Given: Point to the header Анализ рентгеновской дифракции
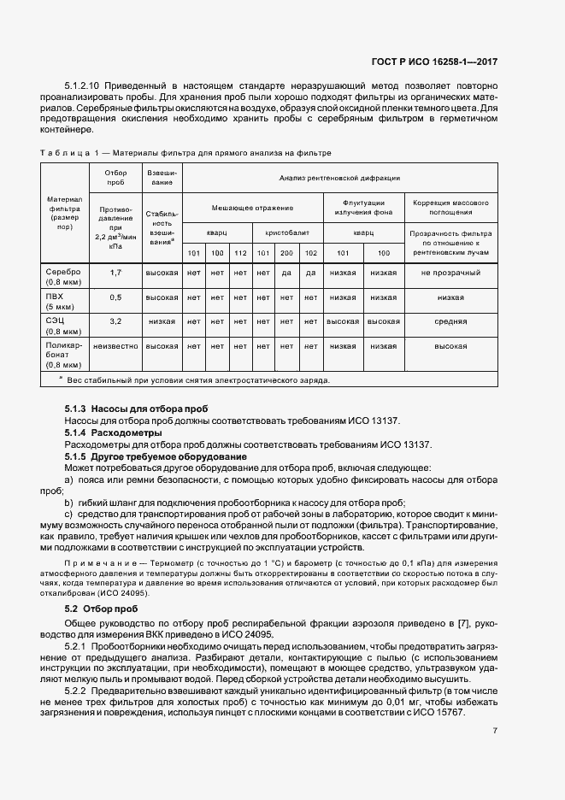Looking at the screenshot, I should [x=339, y=178].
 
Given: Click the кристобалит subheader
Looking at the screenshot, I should [x=286, y=231].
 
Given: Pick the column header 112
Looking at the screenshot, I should [x=240, y=253].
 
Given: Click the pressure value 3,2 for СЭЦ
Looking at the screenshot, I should [x=115, y=321].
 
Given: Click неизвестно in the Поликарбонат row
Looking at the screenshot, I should [x=115, y=346].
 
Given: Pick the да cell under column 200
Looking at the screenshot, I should [x=287, y=273].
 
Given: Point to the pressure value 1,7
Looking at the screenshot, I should [x=115, y=273].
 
